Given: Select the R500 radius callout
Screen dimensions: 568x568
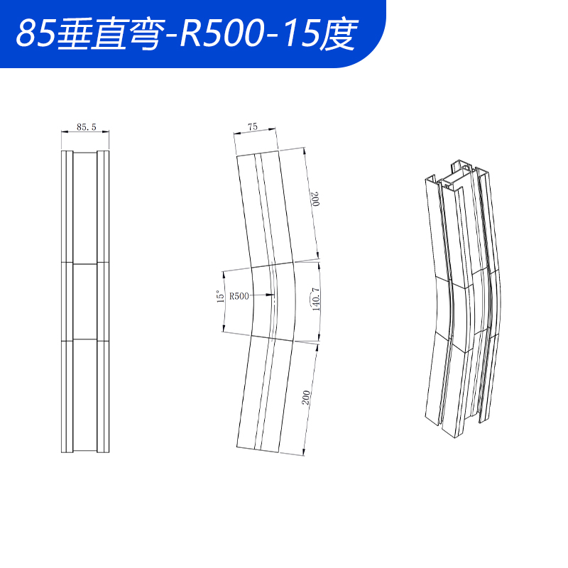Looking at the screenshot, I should tap(239, 296).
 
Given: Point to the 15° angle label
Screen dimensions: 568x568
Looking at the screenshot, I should tap(220, 297).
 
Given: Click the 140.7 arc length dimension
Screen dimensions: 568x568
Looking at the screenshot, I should tap(315, 299).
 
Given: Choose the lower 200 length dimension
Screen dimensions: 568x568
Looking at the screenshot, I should tap(306, 398).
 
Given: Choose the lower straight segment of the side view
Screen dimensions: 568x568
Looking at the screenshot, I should tap(263, 394).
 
